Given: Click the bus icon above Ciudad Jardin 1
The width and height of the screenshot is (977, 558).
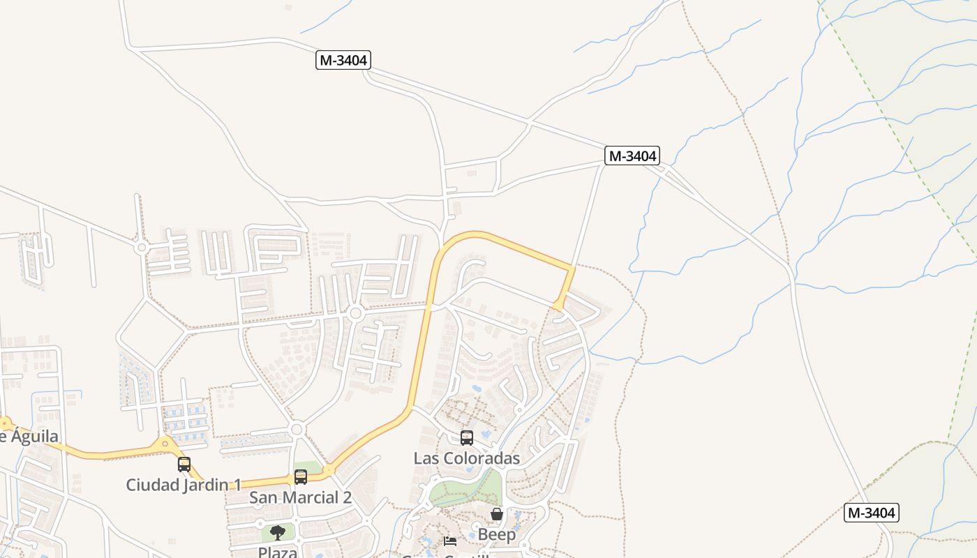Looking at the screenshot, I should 184,465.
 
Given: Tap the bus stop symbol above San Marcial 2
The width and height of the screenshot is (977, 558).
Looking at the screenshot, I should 301,477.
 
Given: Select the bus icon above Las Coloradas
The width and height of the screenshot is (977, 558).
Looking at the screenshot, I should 467,438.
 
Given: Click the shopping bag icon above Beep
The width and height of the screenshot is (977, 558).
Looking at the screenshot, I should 497,515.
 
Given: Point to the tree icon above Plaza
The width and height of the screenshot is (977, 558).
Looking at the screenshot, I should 278,533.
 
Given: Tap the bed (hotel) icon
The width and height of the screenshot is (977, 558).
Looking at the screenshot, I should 450,541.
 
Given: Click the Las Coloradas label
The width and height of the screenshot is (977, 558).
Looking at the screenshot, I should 466,458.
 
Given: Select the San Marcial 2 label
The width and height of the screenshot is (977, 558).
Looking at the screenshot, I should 300,497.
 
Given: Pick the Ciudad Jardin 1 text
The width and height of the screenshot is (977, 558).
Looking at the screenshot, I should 184,484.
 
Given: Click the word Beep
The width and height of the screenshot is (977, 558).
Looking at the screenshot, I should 497,535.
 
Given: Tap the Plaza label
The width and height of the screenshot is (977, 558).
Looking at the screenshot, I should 278,552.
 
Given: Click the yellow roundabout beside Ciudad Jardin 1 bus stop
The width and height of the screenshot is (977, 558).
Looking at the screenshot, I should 165,443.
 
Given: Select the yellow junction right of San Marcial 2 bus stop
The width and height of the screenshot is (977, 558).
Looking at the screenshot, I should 329,470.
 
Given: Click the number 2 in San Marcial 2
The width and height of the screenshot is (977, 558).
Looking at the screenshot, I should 346,497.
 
